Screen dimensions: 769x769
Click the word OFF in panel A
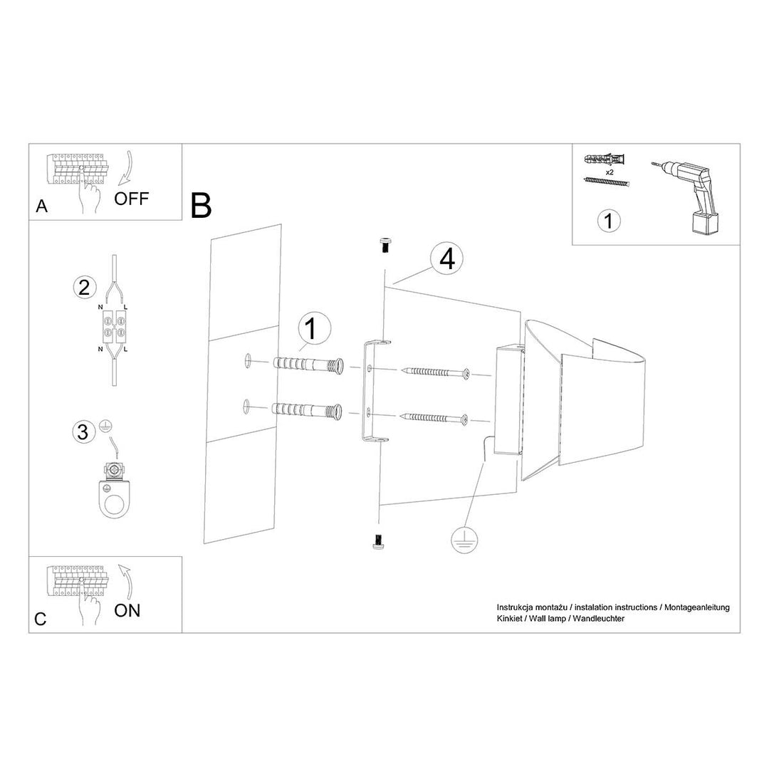132,198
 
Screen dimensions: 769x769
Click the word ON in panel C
127,610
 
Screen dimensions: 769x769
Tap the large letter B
202,205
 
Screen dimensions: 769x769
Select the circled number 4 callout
446,260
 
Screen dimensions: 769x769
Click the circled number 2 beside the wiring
84,288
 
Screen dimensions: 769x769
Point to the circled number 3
84,431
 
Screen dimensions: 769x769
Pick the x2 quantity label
610,172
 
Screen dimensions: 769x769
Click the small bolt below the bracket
380,543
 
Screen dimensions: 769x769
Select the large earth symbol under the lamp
463,540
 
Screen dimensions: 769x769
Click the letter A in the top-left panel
41,206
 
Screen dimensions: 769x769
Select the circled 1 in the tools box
607,221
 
